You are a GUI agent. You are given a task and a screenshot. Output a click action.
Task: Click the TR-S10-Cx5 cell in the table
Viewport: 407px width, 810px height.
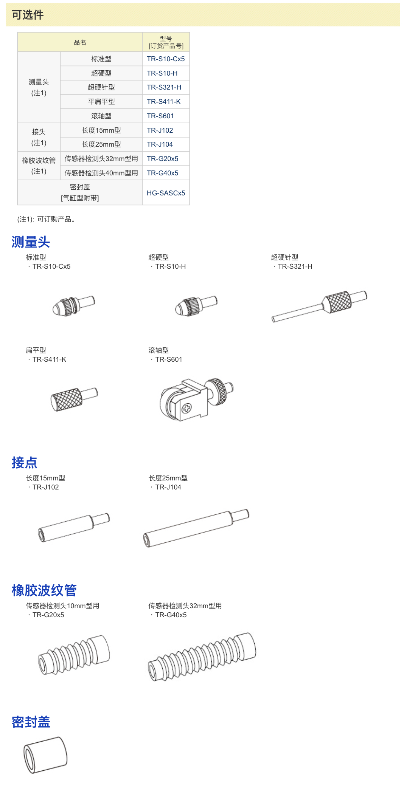click(x=166, y=59)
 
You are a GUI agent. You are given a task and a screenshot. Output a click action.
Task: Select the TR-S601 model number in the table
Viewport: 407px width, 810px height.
click(x=160, y=116)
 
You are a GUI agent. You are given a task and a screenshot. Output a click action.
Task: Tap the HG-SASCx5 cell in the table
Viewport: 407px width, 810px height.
click(x=166, y=193)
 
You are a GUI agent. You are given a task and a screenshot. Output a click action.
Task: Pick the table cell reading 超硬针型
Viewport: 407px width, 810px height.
click(x=101, y=87)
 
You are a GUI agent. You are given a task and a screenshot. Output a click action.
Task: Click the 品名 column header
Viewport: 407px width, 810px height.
click(x=80, y=42)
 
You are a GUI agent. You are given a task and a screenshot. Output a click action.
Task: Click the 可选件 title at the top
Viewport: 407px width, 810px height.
click(x=28, y=15)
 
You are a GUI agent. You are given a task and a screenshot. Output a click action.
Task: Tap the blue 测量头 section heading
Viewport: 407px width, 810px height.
click(x=31, y=242)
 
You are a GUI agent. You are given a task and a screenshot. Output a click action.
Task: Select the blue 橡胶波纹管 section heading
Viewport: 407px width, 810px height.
click(x=44, y=590)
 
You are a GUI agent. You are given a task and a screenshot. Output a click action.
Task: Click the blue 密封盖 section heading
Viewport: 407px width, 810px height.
click(x=31, y=722)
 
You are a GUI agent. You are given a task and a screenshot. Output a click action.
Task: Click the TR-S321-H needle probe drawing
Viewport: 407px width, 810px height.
click(x=319, y=306)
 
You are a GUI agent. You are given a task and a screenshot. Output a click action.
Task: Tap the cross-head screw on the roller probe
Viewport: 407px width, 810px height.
click(x=187, y=408)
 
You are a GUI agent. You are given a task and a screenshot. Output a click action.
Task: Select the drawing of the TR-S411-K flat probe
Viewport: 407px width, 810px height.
click(x=74, y=399)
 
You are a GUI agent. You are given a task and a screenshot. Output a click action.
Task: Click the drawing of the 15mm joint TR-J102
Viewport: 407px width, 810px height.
click(x=74, y=527)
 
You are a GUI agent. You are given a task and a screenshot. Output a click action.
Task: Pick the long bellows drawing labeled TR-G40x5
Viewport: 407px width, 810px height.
click(x=202, y=657)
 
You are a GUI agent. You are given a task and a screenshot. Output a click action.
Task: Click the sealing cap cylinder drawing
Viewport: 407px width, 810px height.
click(x=45, y=755)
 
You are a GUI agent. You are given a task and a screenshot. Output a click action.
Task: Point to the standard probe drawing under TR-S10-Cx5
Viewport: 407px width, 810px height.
click(x=73, y=306)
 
